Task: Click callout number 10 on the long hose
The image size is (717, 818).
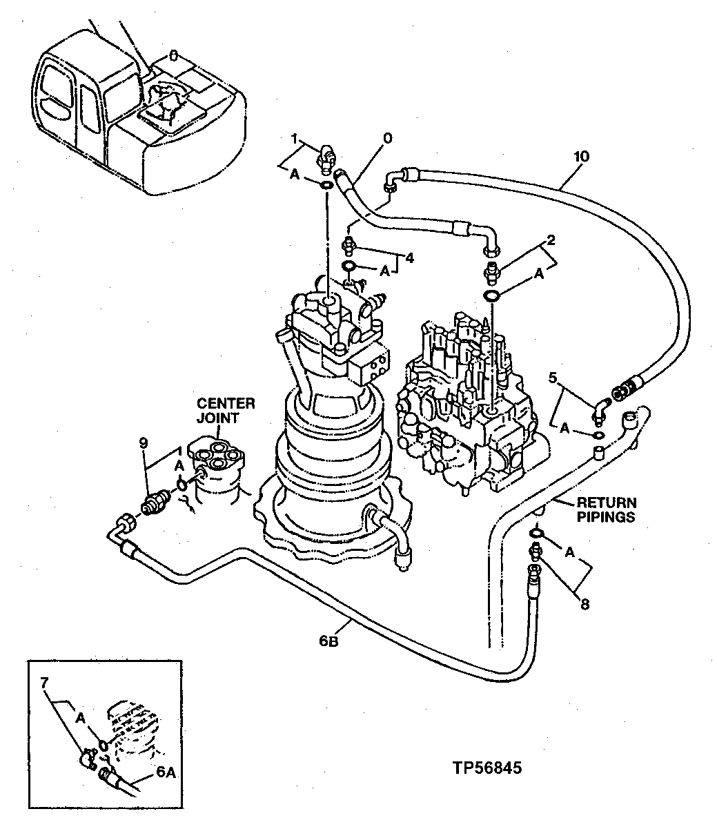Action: pos(580,157)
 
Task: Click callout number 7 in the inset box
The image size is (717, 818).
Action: pos(45,683)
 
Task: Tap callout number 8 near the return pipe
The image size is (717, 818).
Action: pos(585,605)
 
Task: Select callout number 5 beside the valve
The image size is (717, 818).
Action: pos(552,378)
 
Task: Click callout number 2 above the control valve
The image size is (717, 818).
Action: pos(551,241)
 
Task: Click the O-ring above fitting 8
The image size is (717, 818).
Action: pos(536,534)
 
